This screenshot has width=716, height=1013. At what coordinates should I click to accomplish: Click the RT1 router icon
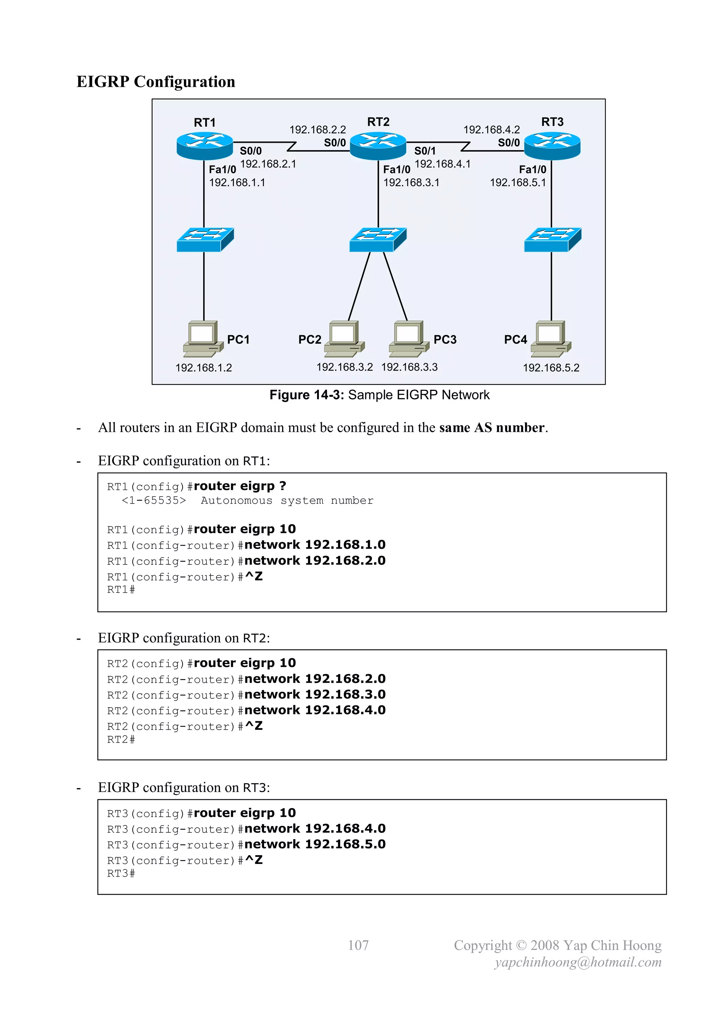(205, 146)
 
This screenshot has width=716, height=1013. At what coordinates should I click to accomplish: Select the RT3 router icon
(552, 146)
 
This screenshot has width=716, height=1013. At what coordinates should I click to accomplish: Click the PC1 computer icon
(203, 339)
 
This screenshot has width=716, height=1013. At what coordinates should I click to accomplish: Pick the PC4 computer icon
(551, 339)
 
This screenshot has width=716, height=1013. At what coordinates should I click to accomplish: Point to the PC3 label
(445, 340)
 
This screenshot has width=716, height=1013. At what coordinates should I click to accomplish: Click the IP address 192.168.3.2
(344, 367)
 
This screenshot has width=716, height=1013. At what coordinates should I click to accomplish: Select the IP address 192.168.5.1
(518, 183)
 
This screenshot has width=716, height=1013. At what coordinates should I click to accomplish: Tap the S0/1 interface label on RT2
(424, 151)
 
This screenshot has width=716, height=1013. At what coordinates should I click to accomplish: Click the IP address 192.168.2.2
(317, 130)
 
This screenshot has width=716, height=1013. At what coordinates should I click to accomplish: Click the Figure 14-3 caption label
(306, 395)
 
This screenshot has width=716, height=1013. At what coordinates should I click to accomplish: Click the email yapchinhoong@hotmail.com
(578, 962)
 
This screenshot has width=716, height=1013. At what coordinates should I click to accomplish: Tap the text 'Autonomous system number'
(287, 501)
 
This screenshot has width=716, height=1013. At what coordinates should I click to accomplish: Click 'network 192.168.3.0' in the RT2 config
(315, 695)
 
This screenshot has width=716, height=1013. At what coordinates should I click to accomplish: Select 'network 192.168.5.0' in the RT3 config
(315, 844)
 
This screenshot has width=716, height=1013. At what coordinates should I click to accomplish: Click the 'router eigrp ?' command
(240, 486)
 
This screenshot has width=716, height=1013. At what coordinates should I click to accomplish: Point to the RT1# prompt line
(121, 590)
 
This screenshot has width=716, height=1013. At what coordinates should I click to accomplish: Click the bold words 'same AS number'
(492, 428)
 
